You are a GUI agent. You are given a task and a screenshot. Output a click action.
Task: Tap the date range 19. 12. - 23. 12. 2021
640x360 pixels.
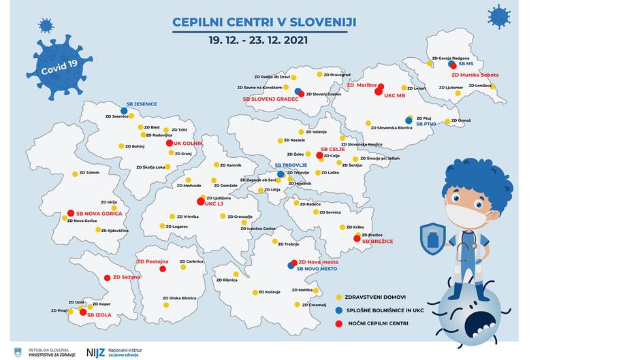[x=259, y=39]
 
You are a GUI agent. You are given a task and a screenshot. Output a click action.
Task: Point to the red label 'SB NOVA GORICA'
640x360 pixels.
[x=99, y=213]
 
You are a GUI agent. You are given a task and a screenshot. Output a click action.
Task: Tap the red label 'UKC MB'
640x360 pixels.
[x=394, y=95]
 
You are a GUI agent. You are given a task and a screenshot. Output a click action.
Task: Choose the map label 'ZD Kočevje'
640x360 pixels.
[x=268, y=292]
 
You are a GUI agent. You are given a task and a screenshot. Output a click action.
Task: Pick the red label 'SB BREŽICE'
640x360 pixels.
[x=378, y=241]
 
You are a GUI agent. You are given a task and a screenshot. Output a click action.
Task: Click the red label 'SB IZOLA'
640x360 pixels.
[x=99, y=314]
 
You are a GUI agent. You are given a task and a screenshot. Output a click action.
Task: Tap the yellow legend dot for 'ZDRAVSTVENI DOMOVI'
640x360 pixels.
[x=339, y=297]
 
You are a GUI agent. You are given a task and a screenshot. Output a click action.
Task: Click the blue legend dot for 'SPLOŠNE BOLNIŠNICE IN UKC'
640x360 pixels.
[x=339, y=310]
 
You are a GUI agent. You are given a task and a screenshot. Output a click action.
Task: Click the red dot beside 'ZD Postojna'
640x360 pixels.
[x=163, y=269]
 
